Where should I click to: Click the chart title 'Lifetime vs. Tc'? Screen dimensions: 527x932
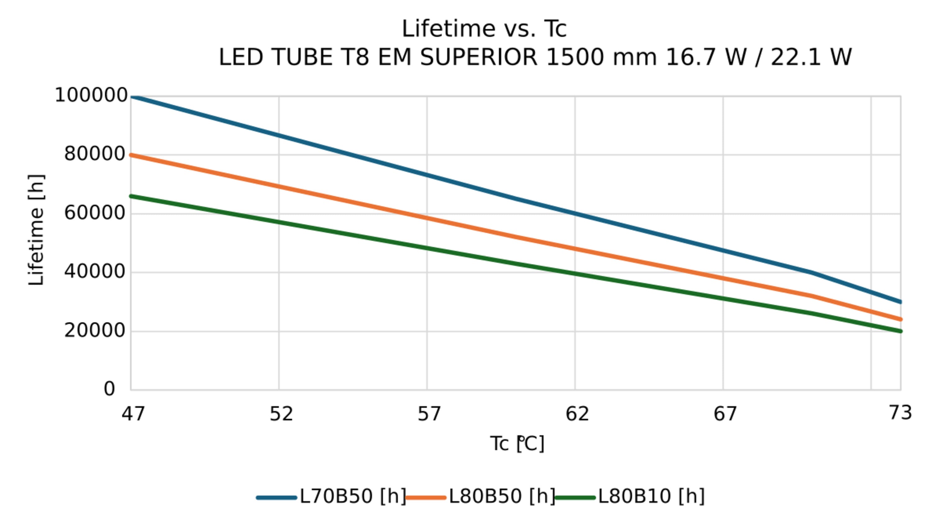click(x=484, y=29)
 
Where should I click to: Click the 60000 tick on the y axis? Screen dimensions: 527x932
click(x=95, y=213)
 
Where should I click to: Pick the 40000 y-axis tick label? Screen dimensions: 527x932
click(x=95, y=272)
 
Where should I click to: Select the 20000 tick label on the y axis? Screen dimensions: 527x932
click(x=95, y=330)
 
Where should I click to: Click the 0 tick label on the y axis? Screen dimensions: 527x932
click(x=109, y=389)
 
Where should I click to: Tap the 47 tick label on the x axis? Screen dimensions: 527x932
click(x=133, y=414)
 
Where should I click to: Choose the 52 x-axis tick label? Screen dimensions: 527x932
click(x=281, y=414)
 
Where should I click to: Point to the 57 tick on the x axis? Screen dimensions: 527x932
click(x=429, y=414)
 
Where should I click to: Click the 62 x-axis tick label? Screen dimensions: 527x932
click(x=577, y=414)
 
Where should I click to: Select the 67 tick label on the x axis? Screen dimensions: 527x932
click(x=725, y=414)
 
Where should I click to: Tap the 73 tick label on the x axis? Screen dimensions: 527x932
click(x=900, y=413)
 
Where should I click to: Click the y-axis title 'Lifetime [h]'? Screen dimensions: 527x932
click(x=36, y=230)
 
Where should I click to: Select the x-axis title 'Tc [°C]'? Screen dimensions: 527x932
click(x=517, y=444)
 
